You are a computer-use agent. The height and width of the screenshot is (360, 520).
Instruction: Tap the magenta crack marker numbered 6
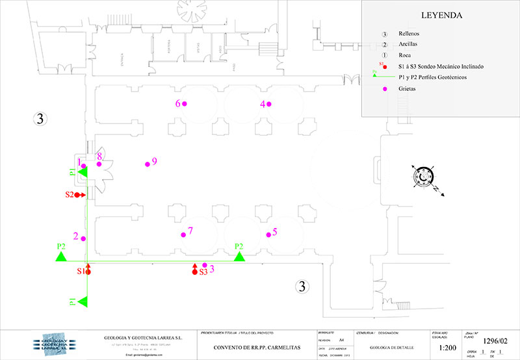(185, 104)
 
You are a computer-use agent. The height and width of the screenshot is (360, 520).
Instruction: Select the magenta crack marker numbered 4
(268, 104)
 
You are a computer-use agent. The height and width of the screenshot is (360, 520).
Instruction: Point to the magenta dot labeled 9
(148, 164)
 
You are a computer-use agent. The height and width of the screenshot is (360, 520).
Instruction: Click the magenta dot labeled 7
(183, 234)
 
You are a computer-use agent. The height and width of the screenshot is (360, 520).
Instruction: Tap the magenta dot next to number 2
(84, 238)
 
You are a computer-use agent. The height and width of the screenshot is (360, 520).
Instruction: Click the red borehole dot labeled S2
(77, 194)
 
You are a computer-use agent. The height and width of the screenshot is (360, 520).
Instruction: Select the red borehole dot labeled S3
(194, 272)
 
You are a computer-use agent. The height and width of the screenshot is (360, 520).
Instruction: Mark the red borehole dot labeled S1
(88, 272)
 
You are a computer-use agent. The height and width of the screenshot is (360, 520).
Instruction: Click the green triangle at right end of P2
(239, 256)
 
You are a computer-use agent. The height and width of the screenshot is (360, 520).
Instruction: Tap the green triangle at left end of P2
(61, 256)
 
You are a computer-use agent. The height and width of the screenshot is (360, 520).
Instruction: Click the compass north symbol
(425, 177)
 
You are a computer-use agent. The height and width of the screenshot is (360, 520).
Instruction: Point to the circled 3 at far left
(40, 118)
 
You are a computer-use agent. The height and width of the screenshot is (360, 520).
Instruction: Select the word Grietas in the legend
(407, 89)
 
